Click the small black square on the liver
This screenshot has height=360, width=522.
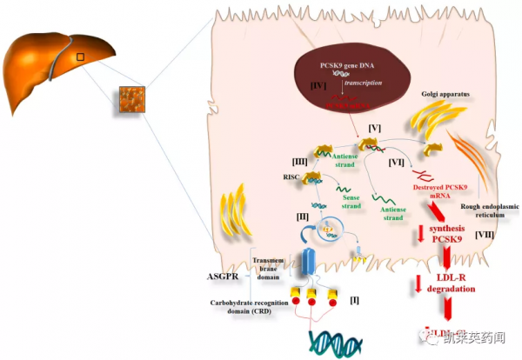(81, 57)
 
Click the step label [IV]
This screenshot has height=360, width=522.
(318, 86)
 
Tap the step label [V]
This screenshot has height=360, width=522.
(375, 128)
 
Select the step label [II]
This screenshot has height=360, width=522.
(303, 215)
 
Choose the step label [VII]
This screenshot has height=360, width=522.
(487, 237)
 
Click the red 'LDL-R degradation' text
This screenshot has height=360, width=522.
(450, 283)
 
